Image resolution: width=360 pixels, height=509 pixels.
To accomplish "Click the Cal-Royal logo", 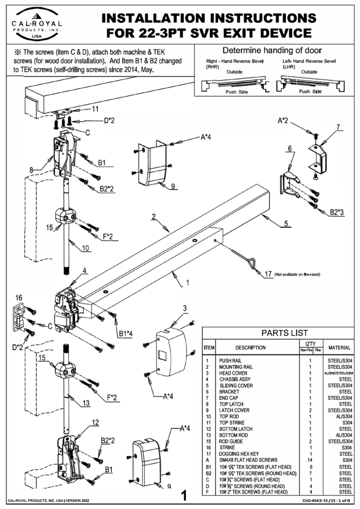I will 37,23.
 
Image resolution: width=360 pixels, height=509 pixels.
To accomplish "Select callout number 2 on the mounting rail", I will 153,217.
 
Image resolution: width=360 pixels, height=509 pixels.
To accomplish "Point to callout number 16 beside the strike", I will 18,297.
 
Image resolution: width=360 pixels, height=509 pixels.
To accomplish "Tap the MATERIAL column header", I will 339,347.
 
